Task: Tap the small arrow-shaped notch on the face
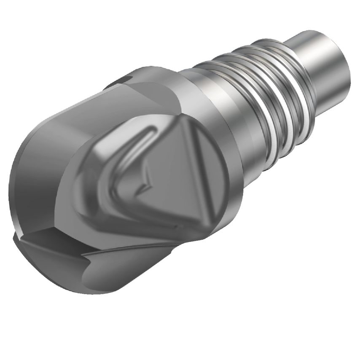[x=146, y=181]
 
